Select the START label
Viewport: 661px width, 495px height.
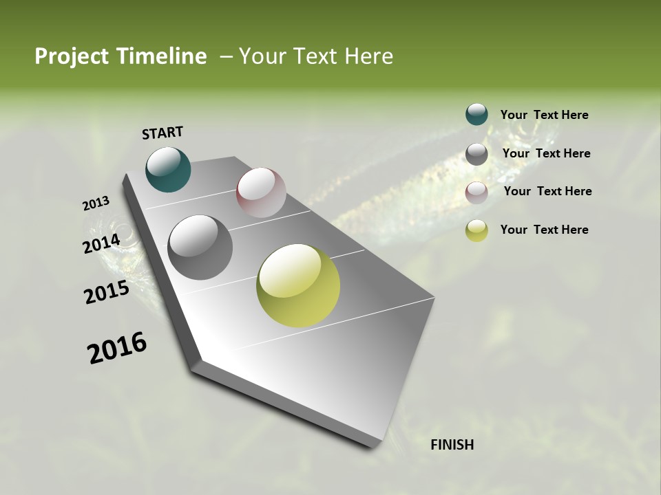click(162, 132)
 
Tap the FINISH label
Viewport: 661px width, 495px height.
click(452, 445)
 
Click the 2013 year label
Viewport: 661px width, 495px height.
click(96, 203)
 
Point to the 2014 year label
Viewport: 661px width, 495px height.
click(102, 244)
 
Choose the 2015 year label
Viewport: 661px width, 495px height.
click(107, 292)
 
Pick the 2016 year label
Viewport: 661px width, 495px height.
click(117, 348)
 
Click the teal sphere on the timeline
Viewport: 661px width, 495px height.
click(168, 169)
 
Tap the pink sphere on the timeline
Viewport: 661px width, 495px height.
click(261, 192)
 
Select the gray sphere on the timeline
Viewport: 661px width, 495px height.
click(200, 247)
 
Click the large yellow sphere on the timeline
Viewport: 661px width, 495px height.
click(298, 285)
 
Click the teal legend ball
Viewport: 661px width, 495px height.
click(476, 115)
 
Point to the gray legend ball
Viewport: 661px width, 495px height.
click(476, 154)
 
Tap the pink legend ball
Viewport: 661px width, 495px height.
click(476, 192)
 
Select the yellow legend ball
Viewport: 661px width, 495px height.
click(476, 230)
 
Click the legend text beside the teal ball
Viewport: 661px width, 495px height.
click(544, 115)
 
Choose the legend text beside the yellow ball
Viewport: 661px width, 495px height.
click(544, 230)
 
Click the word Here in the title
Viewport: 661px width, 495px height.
click(368, 56)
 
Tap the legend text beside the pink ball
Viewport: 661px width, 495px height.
click(547, 191)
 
